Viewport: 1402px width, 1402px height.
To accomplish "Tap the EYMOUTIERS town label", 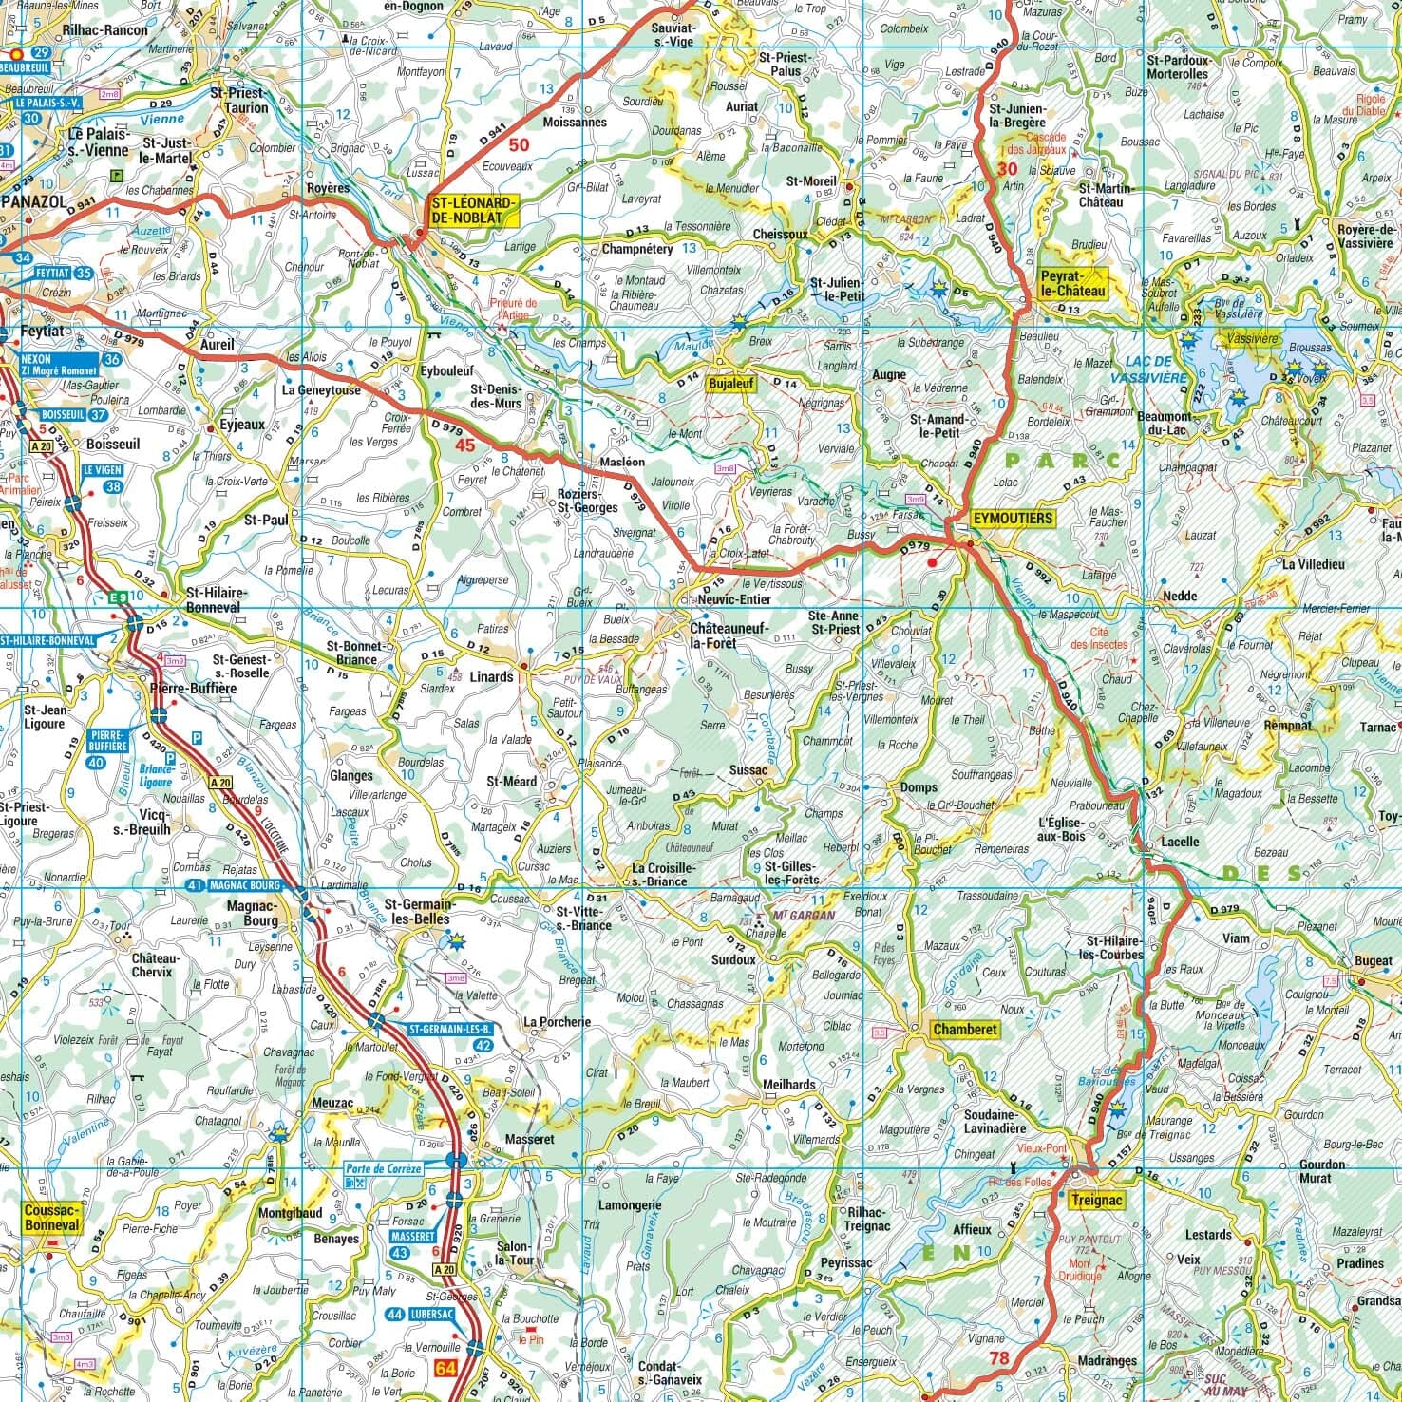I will point(1012,519).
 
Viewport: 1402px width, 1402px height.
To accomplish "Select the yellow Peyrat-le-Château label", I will point(1074,283).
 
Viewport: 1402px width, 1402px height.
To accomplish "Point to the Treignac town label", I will point(1096,1201).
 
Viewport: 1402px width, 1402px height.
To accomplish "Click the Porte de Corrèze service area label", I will point(383,1169).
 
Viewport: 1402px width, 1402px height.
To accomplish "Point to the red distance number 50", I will point(519,145).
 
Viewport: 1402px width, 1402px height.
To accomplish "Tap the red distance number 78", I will point(998,1358).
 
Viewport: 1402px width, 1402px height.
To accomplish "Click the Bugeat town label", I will point(1374,961).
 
